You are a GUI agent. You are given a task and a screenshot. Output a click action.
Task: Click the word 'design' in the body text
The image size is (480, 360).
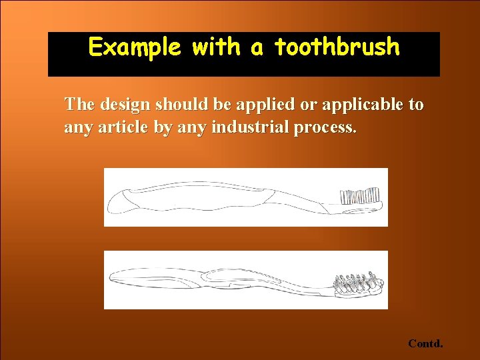[123, 105]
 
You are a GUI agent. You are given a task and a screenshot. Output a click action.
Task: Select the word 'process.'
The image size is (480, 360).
[325, 127]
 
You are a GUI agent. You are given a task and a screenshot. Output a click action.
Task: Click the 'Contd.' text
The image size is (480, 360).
[425, 344]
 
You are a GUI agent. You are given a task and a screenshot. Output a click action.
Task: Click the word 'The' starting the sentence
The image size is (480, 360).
[79, 105]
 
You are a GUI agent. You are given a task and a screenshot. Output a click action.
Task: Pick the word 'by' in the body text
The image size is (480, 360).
[163, 127]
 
